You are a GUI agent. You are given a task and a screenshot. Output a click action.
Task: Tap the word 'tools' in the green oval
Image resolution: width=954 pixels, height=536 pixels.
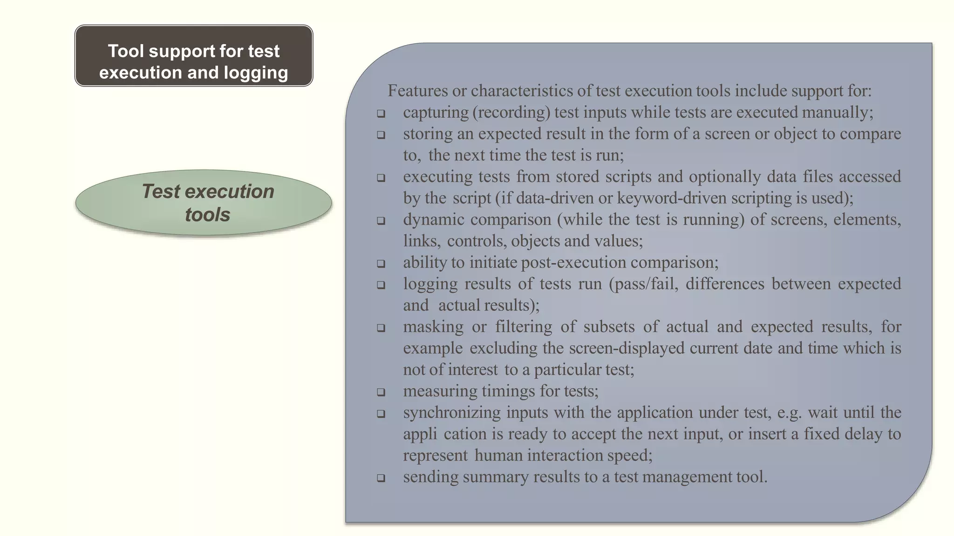click(207, 215)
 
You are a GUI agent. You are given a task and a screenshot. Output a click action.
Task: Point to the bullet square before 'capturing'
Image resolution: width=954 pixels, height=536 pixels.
click(381, 114)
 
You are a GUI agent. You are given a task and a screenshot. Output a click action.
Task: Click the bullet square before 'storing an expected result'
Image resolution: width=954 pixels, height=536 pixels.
click(381, 135)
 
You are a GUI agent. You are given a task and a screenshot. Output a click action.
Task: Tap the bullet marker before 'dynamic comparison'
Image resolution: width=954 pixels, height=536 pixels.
click(381, 221)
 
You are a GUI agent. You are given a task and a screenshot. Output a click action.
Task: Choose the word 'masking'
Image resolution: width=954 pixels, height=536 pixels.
click(433, 327)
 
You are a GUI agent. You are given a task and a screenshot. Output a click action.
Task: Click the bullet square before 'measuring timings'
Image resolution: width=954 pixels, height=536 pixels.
click(381, 392)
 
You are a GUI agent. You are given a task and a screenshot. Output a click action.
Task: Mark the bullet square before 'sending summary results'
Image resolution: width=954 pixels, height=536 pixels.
click(381, 478)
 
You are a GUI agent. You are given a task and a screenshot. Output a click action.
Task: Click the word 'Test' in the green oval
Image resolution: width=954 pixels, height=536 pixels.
click(160, 192)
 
